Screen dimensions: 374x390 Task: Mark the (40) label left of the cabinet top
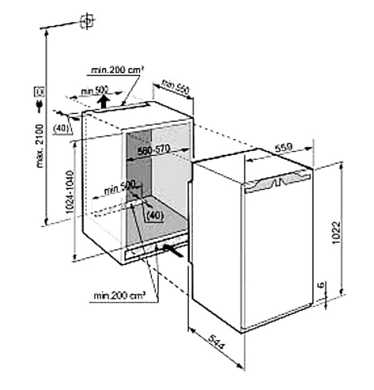(x=61, y=128)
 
